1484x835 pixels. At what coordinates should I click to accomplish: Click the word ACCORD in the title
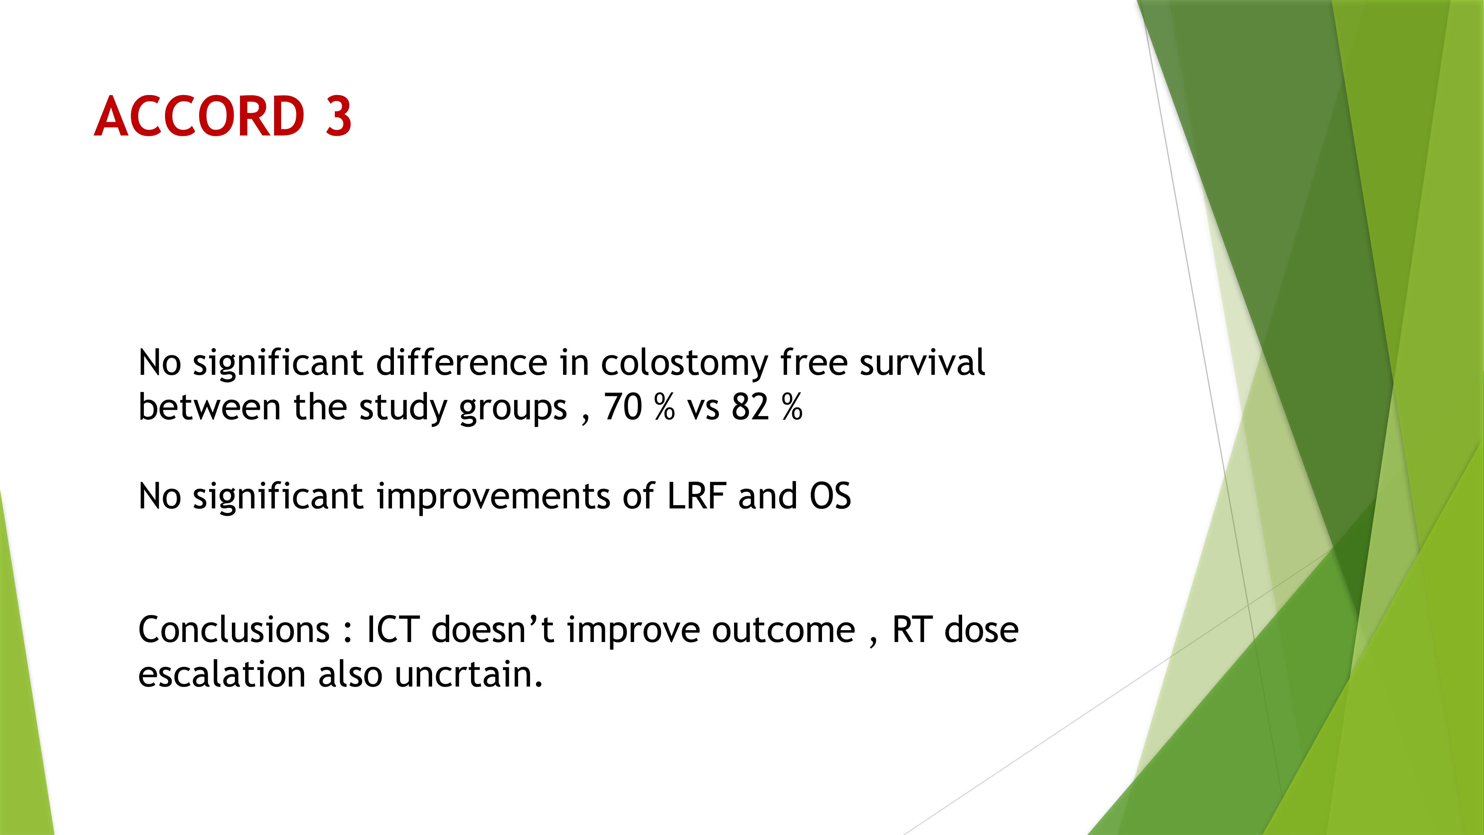point(199,117)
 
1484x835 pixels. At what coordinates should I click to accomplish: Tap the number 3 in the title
point(338,117)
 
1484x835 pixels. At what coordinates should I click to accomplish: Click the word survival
point(922,363)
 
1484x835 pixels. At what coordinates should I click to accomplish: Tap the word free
point(813,363)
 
